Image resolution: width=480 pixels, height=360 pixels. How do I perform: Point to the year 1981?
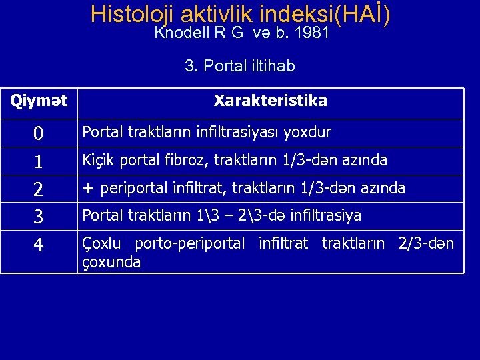[x=311, y=33]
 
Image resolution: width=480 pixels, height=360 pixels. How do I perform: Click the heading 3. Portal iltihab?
[x=240, y=67]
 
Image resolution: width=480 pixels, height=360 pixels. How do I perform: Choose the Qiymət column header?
[x=39, y=101]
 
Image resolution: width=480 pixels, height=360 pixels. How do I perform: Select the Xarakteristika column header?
[x=270, y=101]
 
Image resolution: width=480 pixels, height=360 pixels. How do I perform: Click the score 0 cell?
[x=39, y=134]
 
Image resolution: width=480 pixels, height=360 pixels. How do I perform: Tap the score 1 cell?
[x=39, y=161]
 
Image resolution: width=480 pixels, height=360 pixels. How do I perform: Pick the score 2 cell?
[x=39, y=189]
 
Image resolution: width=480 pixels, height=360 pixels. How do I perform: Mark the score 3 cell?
[x=39, y=217]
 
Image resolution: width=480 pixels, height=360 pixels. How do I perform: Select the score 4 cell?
[x=39, y=245]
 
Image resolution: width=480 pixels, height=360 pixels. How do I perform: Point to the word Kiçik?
[x=97, y=161]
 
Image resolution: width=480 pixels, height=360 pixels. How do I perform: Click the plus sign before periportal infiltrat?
[x=87, y=189]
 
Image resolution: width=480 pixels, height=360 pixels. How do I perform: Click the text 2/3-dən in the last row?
[x=426, y=244]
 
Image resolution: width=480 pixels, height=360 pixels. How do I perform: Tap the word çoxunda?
[x=111, y=262]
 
